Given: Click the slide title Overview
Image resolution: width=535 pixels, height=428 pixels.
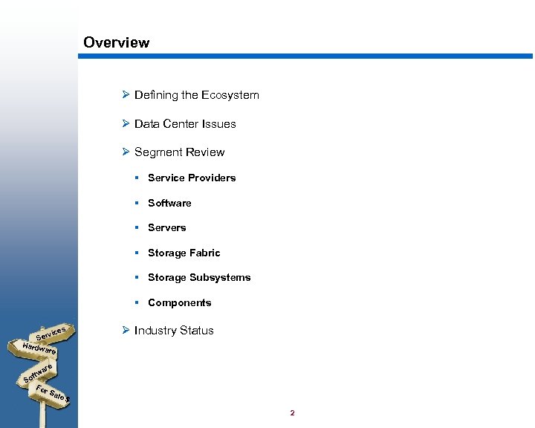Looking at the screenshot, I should pyautogui.click(x=116, y=42).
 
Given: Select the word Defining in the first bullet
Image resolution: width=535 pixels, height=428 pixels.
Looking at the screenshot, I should pyautogui.click(x=156, y=95).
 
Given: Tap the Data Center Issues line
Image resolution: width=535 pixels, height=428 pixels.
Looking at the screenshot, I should pyautogui.click(x=185, y=124).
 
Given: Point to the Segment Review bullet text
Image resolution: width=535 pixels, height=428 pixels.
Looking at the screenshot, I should pyautogui.click(x=179, y=152).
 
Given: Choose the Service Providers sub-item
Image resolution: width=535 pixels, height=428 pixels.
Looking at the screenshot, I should pyautogui.click(x=192, y=178).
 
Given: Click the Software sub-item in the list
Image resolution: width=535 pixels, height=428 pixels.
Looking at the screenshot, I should pyautogui.click(x=169, y=203).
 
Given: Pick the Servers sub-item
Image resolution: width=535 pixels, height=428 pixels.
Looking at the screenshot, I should pyautogui.click(x=166, y=227).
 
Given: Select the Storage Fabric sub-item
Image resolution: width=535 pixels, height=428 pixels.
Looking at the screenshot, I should pyautogui.click(x=184, y=253).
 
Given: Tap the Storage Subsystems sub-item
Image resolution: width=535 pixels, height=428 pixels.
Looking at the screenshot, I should pyautogui.click(x=199, y=277).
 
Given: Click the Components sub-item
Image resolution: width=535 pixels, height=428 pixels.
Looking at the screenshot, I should pyautogui.click(x=179, y=302).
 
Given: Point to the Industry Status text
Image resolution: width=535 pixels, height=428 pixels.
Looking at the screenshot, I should pyautogui.click(x=174, y=331).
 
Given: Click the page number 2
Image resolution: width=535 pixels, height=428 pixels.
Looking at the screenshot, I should pyautogui.click(x=293, y=413).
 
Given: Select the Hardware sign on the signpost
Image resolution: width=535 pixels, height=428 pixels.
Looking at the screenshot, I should pyautogui.click(x=39, y=348).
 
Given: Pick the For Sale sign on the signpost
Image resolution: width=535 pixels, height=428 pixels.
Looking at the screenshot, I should pyautogui.click(x=53, y=395).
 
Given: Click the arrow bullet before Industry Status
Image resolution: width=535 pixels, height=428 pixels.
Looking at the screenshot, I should pyautogui.click(x=126, y=331).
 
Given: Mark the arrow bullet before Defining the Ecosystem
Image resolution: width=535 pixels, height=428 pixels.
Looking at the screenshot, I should pyautogui.click(x=126, y=95).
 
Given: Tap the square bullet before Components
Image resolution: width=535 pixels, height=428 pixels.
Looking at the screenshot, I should pyautogui.click(x=137, y=302).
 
